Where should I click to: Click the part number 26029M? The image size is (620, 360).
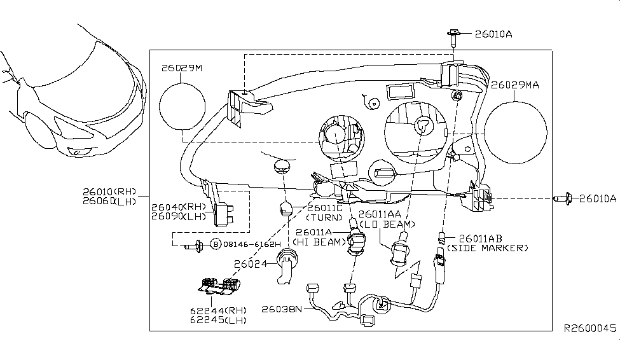click(x=181, y=68)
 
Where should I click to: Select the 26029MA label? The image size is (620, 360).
click(x=515, y=85)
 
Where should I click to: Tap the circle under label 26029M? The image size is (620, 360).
click(x=183, y=106)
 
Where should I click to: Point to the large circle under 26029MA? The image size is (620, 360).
click(x=516, y=132)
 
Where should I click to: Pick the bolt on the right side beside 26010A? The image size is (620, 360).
click(x=562, y=198)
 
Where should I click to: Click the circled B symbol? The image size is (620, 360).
click(x=216, y=244)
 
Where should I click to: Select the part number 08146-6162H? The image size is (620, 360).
click(x=252, y=244)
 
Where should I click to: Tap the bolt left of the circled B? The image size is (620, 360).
click(x=194, y=246)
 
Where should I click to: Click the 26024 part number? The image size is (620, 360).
click(x=251, y=264)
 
